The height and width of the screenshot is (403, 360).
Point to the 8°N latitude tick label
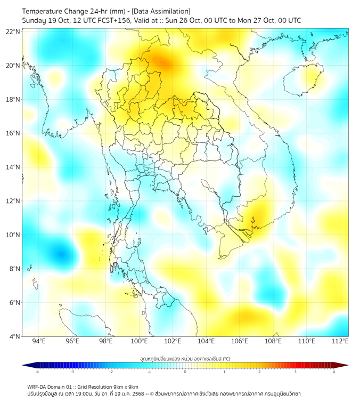14,269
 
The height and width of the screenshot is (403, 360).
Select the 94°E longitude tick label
39,341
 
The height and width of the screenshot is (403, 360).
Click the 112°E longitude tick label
340,341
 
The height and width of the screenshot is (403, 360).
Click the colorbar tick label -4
37,372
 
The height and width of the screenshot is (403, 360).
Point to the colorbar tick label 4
333,372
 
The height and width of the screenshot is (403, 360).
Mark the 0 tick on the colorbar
185,372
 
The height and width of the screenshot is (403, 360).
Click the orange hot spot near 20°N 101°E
160,62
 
